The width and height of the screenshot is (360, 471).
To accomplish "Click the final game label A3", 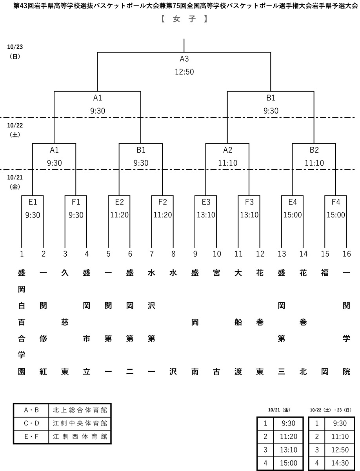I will [x=184, y=59].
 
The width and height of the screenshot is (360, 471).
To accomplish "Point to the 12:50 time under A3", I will [x=184, y=71].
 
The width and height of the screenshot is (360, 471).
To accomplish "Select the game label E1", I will [x=33, y=202].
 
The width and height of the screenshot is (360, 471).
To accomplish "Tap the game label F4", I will [x=336, y=202].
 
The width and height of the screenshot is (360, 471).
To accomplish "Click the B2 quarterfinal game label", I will [x=314, y=150].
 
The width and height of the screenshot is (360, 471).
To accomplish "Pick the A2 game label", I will [x=227, y=150].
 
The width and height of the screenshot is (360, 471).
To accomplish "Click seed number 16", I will [x=346, y=254].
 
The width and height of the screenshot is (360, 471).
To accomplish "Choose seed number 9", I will [x=195, y=254].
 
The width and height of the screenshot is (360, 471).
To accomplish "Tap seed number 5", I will [x=109, y=254].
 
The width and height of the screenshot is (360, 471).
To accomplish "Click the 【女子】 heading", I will [x=184, y=19].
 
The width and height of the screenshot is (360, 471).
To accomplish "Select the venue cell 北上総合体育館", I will [x=80, y=410].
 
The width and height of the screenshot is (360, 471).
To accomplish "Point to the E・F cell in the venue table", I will [x=31, y=436].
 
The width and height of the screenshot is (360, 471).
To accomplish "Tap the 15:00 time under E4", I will [x=293, y=215].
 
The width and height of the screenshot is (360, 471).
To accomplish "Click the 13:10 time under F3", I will [x=249, y=215].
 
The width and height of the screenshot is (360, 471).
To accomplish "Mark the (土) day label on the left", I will [x=15, y=134].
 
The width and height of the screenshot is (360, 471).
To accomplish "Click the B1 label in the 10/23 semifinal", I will [x=271, y=99].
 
